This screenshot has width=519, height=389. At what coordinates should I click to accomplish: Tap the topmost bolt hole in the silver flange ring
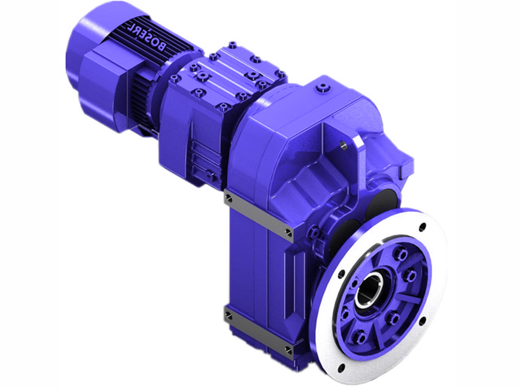[x=422, y=228]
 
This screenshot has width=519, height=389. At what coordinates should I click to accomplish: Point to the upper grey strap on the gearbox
[x=258, y=213]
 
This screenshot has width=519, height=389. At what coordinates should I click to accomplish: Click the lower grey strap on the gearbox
[x=258, y=331]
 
